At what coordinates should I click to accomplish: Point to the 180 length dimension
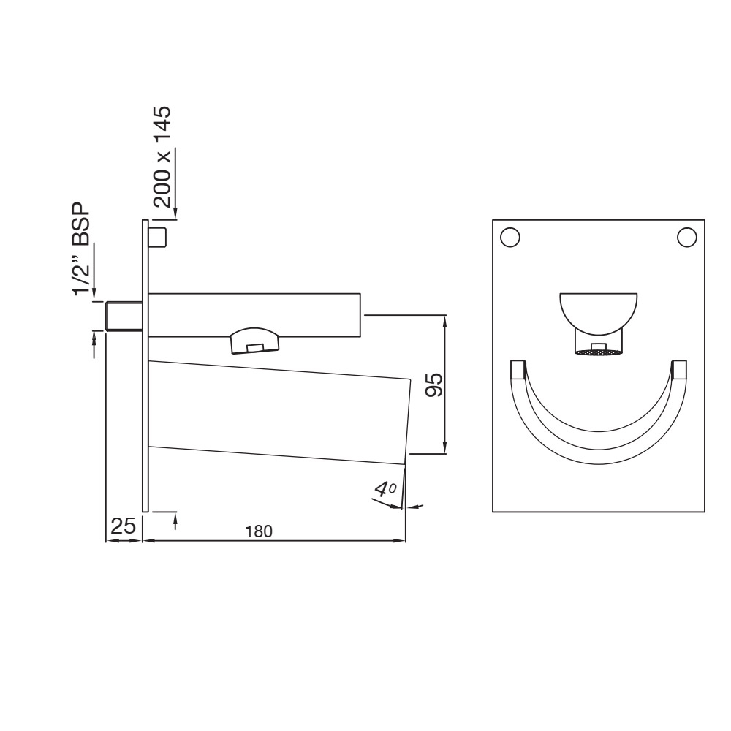pyautogui.click(x=259, y=531)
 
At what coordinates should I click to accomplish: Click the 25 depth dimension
pyautogui.click(x=122, y=526)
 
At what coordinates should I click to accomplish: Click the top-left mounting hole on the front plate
pyautogui.click(x=510, y=237)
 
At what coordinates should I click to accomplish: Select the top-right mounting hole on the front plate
pyautogui.click(x=686, y=237)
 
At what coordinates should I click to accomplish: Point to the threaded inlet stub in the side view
pyautogui.click(x=122, y=316)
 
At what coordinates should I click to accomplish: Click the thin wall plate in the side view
pyautogui.click(x=145, y=365)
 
